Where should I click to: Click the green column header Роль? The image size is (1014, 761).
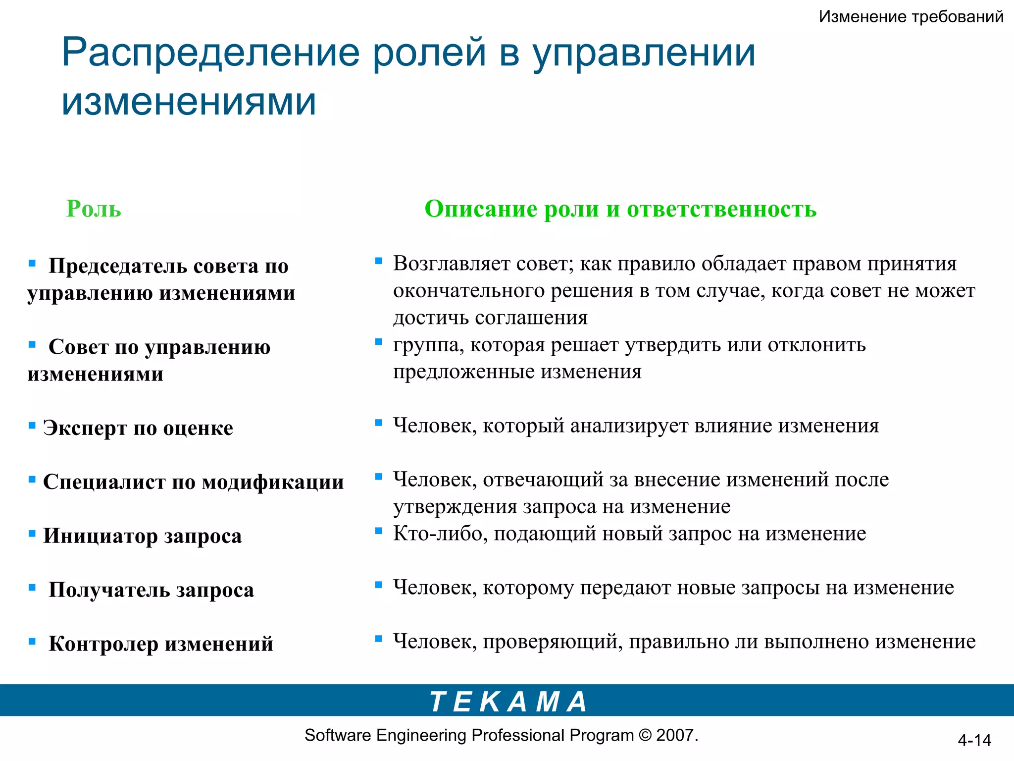coord(94,209)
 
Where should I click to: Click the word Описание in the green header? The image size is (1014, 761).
coord(480,209)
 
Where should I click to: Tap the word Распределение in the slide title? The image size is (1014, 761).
coord(210,53)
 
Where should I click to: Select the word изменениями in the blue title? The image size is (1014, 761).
coord(189,102)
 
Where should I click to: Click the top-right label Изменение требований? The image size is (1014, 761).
coord(911,17)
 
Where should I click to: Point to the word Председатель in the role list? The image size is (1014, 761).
coord(117,266)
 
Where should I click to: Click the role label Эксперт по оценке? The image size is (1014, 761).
coord(138,428)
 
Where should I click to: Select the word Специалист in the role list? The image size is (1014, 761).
coord(104,482)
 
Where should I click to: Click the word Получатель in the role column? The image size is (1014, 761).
coord(109,590)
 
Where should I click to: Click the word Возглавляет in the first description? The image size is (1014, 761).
coord(452,264)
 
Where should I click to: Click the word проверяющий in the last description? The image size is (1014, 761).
coord(553,642)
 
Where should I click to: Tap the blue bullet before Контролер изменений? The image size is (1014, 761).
coord(32,641)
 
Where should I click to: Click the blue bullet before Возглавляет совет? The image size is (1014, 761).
coord(379,261)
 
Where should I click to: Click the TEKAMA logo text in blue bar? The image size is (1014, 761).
coord(508,702)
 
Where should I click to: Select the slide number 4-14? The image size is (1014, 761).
coord(974,740)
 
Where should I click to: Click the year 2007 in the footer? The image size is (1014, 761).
coord(675,735)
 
